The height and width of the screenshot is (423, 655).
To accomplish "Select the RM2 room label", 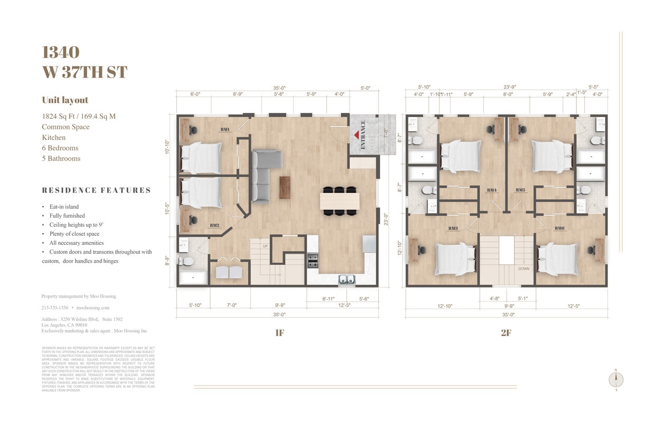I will point(214,225).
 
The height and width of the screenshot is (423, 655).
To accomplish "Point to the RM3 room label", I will point(453,228).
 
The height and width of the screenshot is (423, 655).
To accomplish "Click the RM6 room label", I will point(559,228).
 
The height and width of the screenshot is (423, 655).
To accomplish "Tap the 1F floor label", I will point(279,333).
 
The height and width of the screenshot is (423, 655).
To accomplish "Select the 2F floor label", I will point(506,333).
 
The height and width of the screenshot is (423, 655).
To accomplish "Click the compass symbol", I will point(616,379).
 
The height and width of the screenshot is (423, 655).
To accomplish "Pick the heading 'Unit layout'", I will point(65,100).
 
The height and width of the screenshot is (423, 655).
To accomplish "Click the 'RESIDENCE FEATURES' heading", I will point(96,190).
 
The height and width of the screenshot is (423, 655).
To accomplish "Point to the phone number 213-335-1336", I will point(54,307).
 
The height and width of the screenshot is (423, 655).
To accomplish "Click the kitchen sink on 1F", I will point(347,280).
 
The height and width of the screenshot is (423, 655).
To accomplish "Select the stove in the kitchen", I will point(313,261).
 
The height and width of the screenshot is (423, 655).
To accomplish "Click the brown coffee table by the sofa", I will point(285,187).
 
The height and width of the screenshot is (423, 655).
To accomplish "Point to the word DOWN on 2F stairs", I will point(523,268).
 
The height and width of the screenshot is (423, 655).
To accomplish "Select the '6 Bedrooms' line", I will point(60,148).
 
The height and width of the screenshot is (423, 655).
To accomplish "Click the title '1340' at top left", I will point(61,52).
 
